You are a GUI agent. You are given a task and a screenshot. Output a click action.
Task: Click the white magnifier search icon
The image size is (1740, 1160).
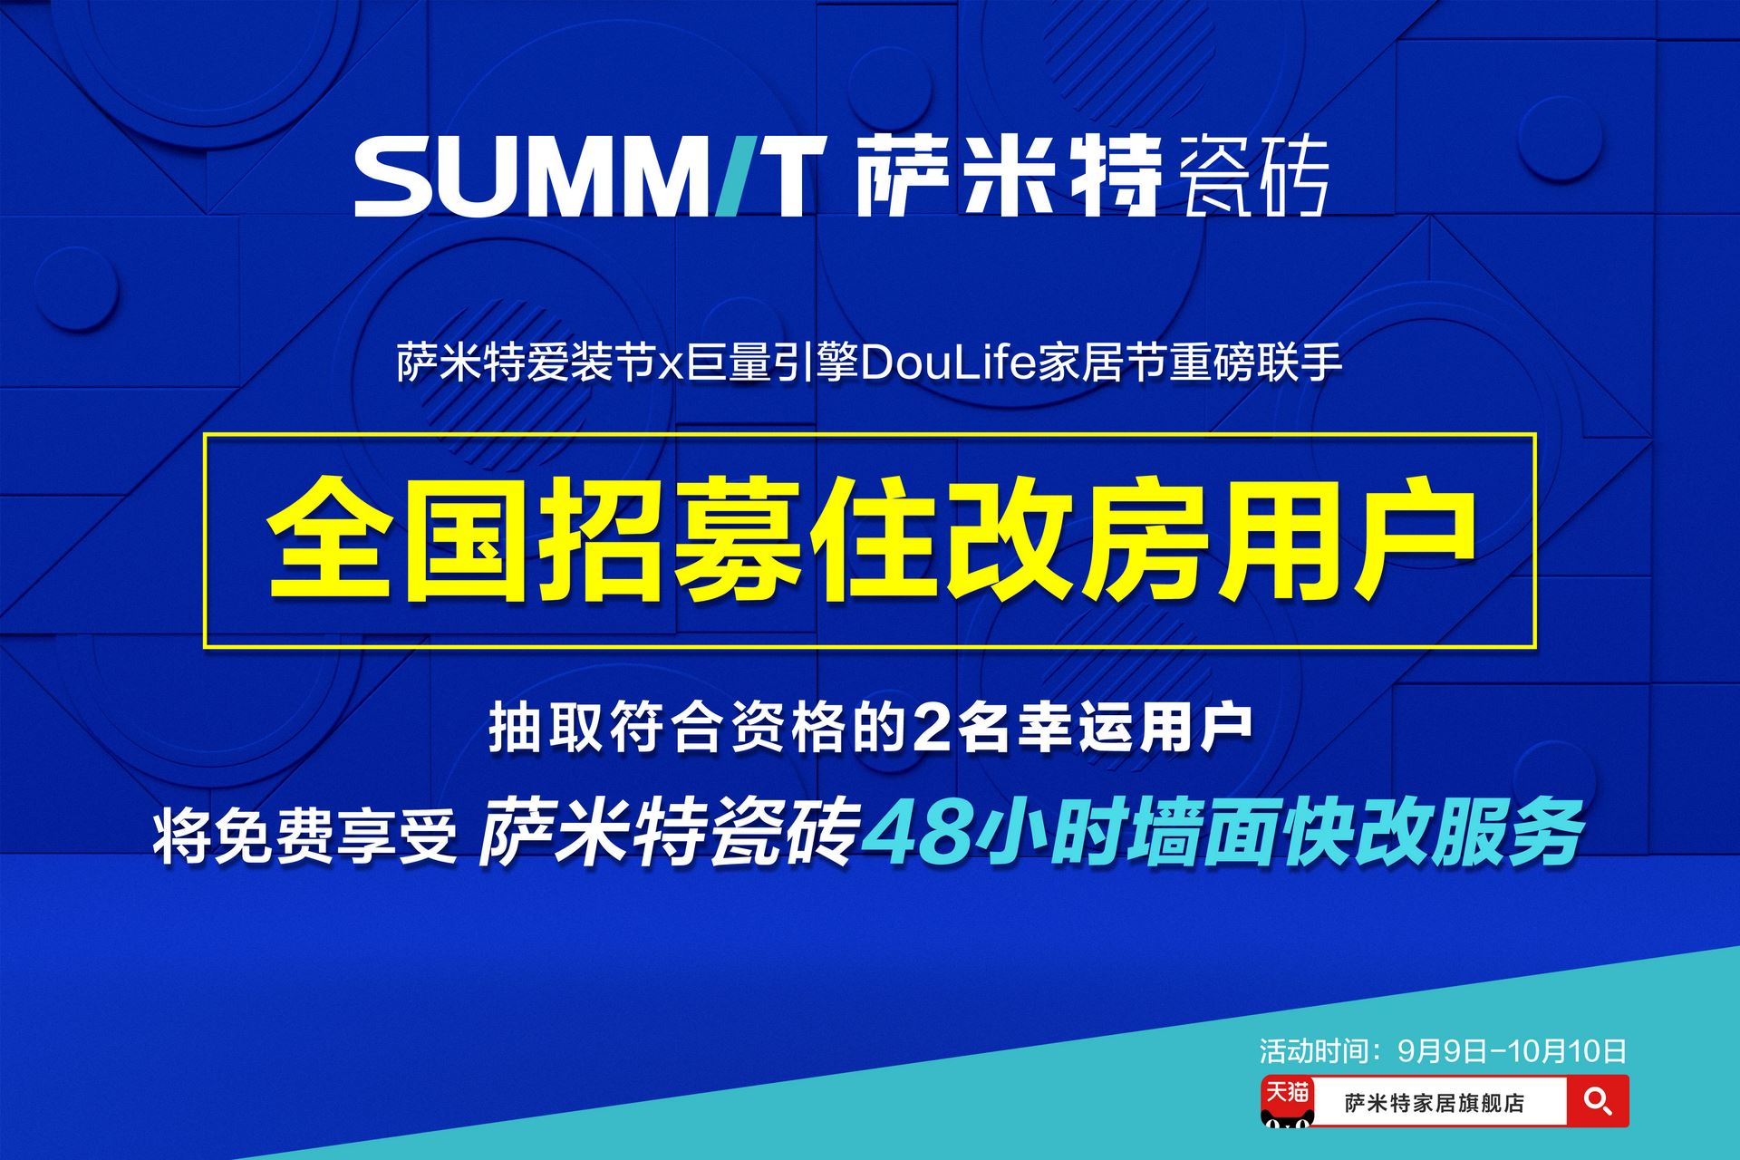(x=1597, y=1101)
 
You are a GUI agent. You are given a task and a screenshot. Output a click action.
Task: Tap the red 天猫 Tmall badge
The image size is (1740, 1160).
(x=1287, y=1100)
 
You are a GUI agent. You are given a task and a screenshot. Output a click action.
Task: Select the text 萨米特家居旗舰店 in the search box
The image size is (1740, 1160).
(x=1435, y=1103)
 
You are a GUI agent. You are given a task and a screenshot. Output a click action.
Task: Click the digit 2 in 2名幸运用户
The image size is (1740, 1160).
(x=934, y=728)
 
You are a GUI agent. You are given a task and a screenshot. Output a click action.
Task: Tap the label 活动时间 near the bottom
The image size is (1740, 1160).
(x=1311, y=1050)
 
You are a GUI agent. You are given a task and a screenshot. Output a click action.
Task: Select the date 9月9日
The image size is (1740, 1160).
(x=1443, y=1050)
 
